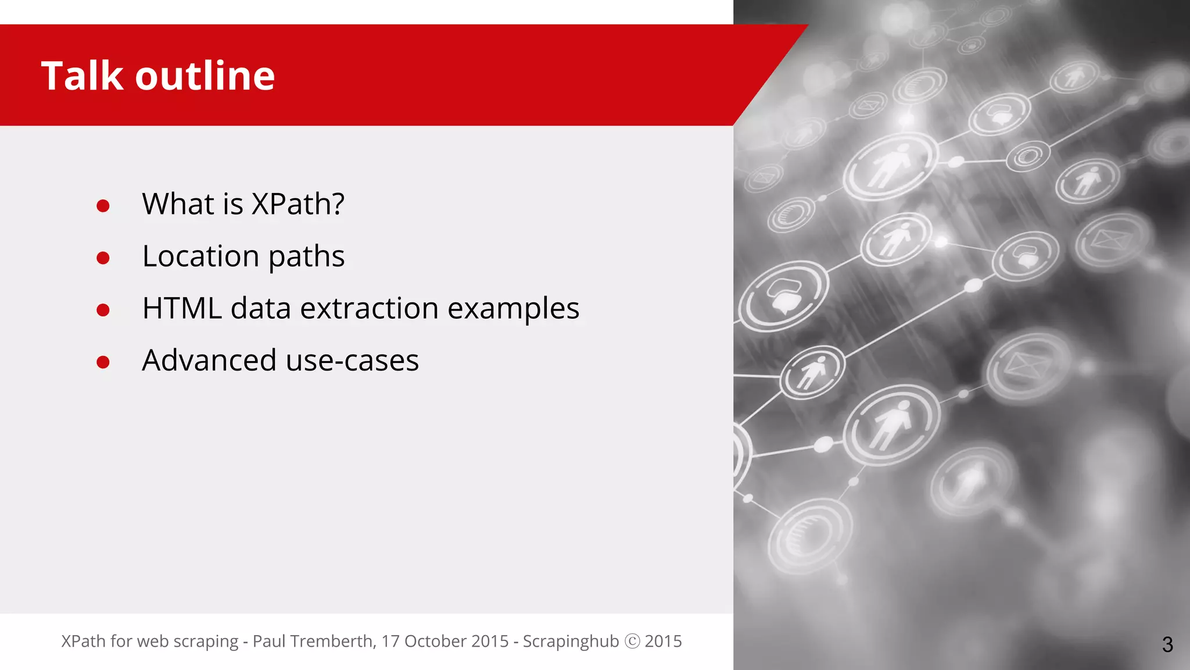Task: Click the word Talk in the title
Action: pos(82,76)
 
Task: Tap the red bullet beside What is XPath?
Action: pos(103,206)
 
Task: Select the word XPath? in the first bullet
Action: pos(298,204)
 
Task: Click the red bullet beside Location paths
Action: pos(103,258)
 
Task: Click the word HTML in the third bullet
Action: pos(182,308)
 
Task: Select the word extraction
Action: pos(369,308)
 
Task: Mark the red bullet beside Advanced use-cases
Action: pos(103,362)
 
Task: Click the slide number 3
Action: pos(1167,644)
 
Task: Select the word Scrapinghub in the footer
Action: pos(571,641)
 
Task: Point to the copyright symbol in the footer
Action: pos(632,641)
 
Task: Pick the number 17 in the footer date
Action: pos(390,641)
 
